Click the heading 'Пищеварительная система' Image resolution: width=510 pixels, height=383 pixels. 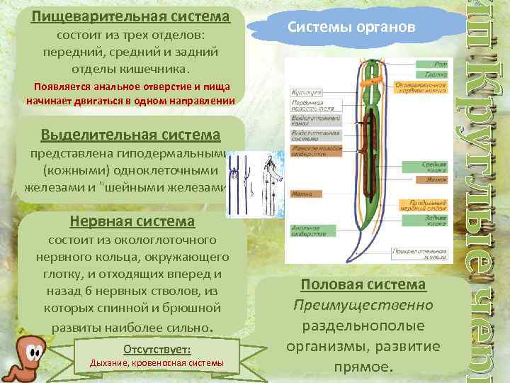(x=130, y=16)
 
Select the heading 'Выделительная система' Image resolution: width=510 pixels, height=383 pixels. (x=130, y=134)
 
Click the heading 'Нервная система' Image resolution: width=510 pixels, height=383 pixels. (x=132, y=222)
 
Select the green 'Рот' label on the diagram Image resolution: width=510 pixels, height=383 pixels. (x=432, y=62)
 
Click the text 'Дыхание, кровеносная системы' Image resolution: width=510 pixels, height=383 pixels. (x=156, y=363)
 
